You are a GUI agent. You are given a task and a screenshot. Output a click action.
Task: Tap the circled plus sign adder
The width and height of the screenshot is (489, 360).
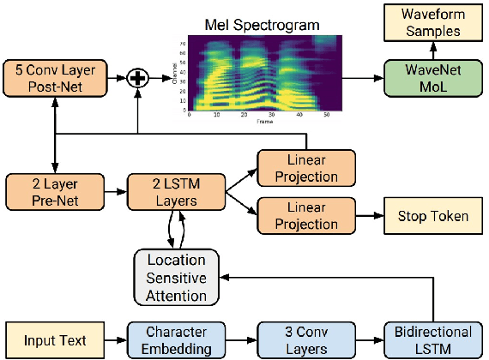[x=137, y=79]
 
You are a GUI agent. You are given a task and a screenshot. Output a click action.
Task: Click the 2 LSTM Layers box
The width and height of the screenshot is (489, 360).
[x=176, y=193]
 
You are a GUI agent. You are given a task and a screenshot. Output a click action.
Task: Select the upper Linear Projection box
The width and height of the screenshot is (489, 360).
[x=299, y=170]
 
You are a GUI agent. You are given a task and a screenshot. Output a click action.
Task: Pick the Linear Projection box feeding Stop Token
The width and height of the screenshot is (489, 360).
[x=299, y=215]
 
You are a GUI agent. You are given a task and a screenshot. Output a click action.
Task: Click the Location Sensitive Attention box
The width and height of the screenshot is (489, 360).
[x=176, y=276]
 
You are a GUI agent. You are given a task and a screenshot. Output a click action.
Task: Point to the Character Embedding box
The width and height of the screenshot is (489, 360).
[x=176, y=339]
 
